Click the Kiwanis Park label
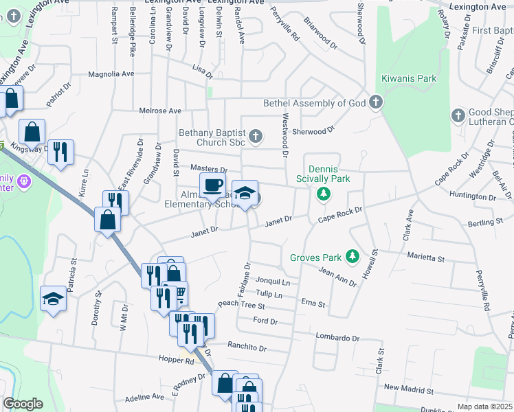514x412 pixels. (x=410, y=79)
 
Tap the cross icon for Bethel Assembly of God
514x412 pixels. (x=375, y=104)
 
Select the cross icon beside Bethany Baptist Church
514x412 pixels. (x=255, y=136)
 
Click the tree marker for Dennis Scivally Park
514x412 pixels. (x=323, y=196)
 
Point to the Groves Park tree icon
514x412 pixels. (x=353, y=257)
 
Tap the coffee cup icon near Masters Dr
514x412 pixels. (x=212, y=185)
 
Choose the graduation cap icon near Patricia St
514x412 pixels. (x=53, y=299)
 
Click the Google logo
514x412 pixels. (x=23, y=404)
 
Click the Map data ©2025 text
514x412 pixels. (x=484, y=407)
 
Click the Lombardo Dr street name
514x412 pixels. (x=337, y=338)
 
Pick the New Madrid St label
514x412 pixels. (x=410, y=389)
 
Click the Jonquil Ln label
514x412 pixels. (x=273, y=282)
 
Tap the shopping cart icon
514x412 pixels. (x=180, y=294)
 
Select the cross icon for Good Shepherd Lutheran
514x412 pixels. (x=458, y=115)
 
